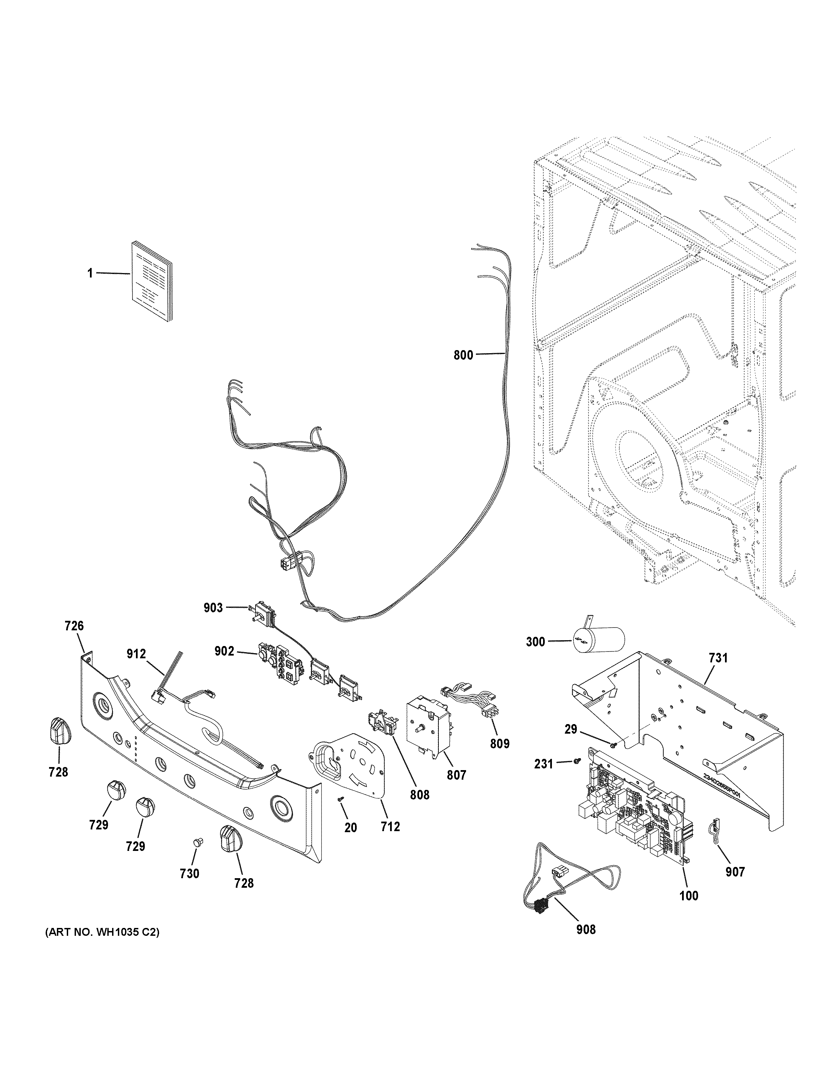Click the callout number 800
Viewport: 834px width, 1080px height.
click(463, 355)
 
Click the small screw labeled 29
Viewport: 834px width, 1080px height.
click(614, 759)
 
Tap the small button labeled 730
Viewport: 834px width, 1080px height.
click(198, 842)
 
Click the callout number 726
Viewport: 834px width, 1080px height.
click(74, 626)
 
